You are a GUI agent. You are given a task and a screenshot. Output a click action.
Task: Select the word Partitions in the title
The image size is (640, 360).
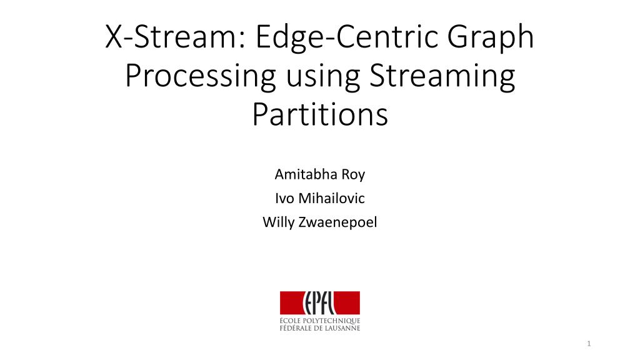(x=320, y=116)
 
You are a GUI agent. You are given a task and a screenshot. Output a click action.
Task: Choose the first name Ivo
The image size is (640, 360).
(x=286, y=198)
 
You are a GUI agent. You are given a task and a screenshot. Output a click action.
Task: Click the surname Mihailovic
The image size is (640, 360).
(x=331, y=198)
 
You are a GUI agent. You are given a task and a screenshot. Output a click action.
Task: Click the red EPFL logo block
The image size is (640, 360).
(x=319, y=302)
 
